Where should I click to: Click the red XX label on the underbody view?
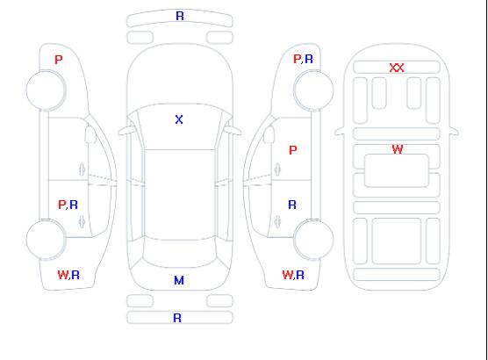pos(397,68)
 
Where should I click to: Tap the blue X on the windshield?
pos(179,119)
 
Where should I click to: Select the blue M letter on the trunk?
pos(179,280)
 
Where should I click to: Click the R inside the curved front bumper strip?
pos(180,16)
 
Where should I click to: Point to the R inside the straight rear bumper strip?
pos(177,318)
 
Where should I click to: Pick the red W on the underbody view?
pos(398,149)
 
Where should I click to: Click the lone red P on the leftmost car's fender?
pos(59,60)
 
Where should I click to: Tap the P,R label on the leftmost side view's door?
pos(68,205)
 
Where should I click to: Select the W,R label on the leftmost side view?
pos(68,275)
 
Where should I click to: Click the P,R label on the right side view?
pos(303,59)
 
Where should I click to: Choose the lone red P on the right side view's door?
pos(293,150)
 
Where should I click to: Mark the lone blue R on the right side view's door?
pos(292,205)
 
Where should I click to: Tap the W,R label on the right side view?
pos(293,275)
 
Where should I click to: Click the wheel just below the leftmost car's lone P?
pos(46,90)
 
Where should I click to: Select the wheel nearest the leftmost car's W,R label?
pos(46,240)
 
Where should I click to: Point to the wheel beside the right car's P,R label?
pos(313,90)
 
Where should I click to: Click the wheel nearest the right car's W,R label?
pos(313,239)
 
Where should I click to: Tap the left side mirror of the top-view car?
pos(126,131)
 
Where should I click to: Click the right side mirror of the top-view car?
pos(233,131)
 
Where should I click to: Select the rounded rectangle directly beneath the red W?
pos(397,170)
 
